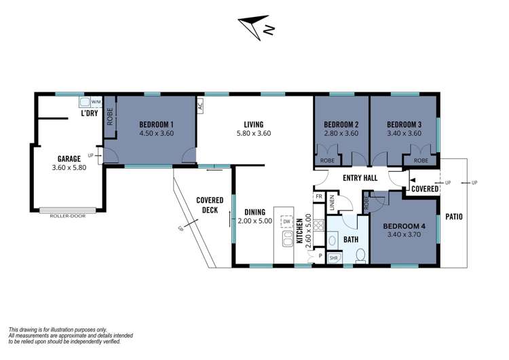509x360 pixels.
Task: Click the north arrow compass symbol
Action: (257, 26)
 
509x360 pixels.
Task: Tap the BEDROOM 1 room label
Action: (157, 124)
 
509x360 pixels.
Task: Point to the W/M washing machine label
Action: (96, 103)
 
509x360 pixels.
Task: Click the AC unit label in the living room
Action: (200, 105)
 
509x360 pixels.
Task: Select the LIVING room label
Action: (253, 124)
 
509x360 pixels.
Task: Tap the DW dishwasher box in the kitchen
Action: (286, 221)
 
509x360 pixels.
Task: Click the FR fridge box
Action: (318, 197)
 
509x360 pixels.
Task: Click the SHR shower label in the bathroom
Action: (334, 258)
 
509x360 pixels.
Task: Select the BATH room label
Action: (350, 239)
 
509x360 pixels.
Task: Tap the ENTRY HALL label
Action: (360, 177)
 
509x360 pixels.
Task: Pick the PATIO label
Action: (453, 217)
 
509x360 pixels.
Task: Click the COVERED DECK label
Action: (210, 204)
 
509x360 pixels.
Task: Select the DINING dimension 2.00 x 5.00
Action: (254, 221)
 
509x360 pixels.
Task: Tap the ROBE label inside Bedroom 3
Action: (420, 161)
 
